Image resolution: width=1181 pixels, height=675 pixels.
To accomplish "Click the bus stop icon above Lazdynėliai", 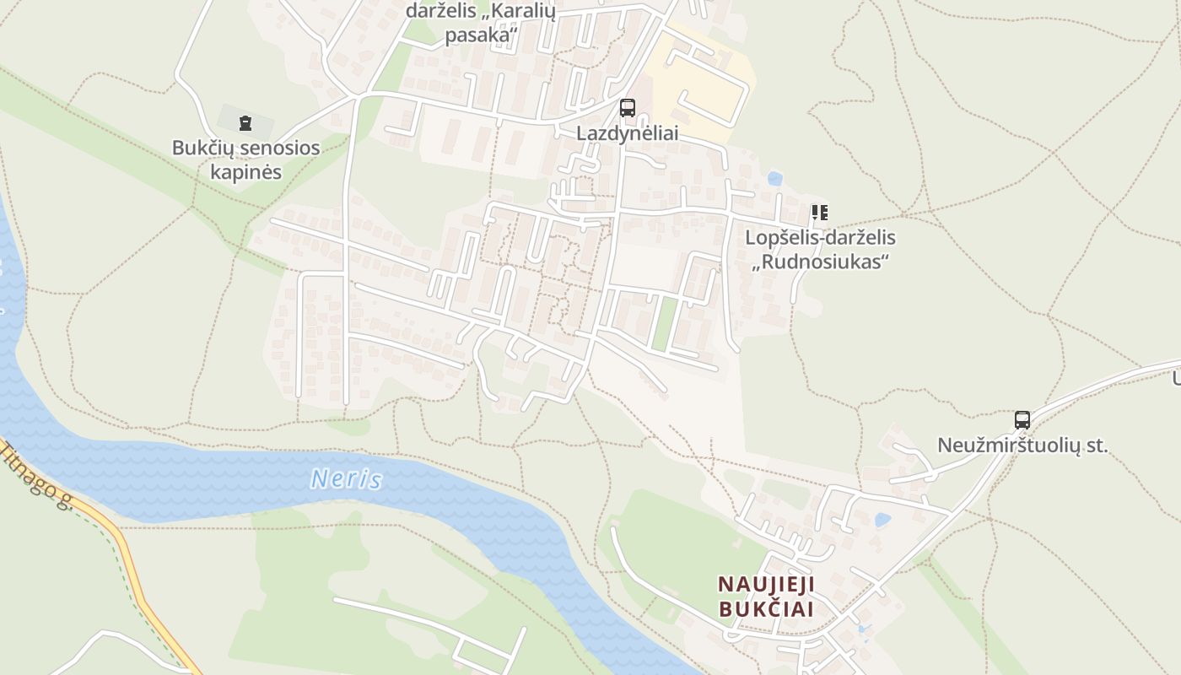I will [627, 107].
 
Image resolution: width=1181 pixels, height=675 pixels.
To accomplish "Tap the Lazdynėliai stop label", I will [627, 133].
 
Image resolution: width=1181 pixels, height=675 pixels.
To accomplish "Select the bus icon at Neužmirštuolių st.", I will [1022, 419].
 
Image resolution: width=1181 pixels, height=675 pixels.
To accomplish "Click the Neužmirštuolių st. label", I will [1022, 446].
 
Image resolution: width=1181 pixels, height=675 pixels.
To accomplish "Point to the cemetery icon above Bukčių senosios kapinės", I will [245, 123].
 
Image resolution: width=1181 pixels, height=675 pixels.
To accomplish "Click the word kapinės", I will [245, 172].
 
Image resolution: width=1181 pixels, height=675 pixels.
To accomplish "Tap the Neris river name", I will [346, 480].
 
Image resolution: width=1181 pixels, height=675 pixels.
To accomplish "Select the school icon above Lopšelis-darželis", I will [819, 213].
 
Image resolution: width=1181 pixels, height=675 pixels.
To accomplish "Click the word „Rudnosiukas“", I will [821, 262].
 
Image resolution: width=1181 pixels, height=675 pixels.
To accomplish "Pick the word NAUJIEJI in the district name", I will [766, 584].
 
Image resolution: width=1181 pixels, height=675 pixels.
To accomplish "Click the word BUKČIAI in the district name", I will [766, 609].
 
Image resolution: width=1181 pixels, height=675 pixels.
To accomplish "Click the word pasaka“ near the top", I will [481, 35].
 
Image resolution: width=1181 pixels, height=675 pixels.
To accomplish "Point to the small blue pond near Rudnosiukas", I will [774, 179].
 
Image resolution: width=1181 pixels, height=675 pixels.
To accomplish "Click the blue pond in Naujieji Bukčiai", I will [882, 520].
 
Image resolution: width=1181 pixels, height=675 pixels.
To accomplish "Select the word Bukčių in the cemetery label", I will [202, 148].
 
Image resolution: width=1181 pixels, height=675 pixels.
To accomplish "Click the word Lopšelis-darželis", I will [820, 238].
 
